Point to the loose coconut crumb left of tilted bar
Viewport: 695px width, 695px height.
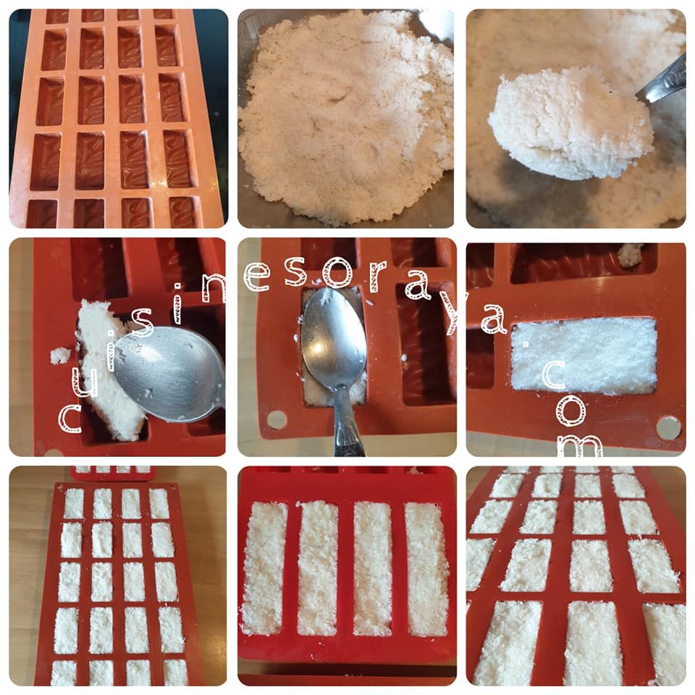tap(61, 355)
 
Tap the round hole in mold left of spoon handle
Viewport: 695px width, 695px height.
tap(277, 419)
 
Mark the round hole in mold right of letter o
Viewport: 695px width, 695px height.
tap(668, 427)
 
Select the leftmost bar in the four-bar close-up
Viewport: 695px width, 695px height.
tap(262, 568)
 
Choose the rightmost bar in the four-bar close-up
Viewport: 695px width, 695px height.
tap(427, 569)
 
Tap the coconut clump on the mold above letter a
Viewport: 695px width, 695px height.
tap(629, 255)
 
